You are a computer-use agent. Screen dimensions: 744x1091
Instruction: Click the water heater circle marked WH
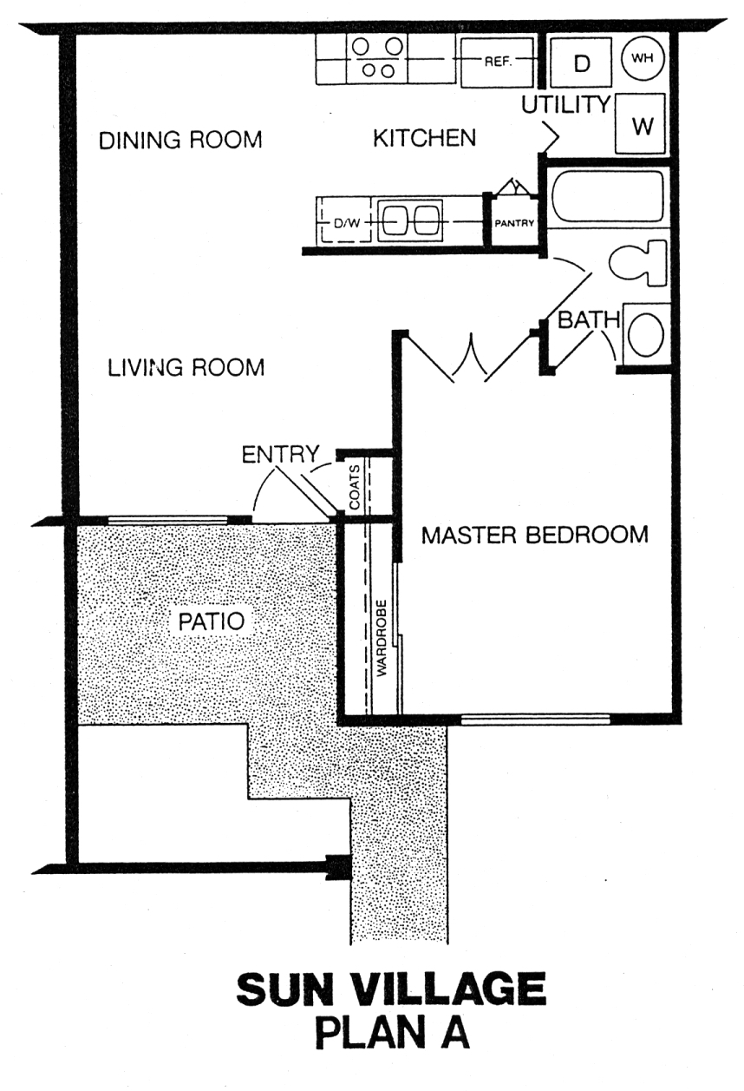tap(643, 59)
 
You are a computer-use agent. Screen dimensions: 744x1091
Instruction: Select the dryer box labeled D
tap(580, 62)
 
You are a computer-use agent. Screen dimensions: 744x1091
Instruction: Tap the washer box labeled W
tap(641, 124)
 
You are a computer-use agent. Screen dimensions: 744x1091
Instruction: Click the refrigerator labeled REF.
tap(497, 62)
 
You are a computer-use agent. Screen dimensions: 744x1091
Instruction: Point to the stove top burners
tap(377, 58)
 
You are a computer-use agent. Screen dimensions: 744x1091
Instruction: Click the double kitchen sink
tap(411, 220)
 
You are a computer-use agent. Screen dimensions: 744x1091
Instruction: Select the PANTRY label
tap(514, 224)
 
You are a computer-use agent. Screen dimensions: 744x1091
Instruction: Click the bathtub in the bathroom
tap(607, 196)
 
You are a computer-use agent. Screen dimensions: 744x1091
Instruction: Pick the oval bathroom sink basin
tap(646, 336)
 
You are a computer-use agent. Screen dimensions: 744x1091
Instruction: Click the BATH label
tap(588, 320)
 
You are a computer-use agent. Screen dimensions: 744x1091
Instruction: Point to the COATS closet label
tap(355, 487)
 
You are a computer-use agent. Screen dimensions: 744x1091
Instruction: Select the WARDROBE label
tap(382, 638)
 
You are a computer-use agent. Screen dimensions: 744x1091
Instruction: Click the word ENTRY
tap(281, 455)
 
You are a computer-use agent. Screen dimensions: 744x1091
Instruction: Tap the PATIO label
tap(212, 621)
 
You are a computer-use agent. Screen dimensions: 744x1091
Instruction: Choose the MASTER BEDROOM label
tap(535, 535)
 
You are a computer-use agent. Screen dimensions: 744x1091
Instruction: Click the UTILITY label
tap(566, 105)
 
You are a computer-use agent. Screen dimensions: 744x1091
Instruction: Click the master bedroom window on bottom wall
tap(535, 719)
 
